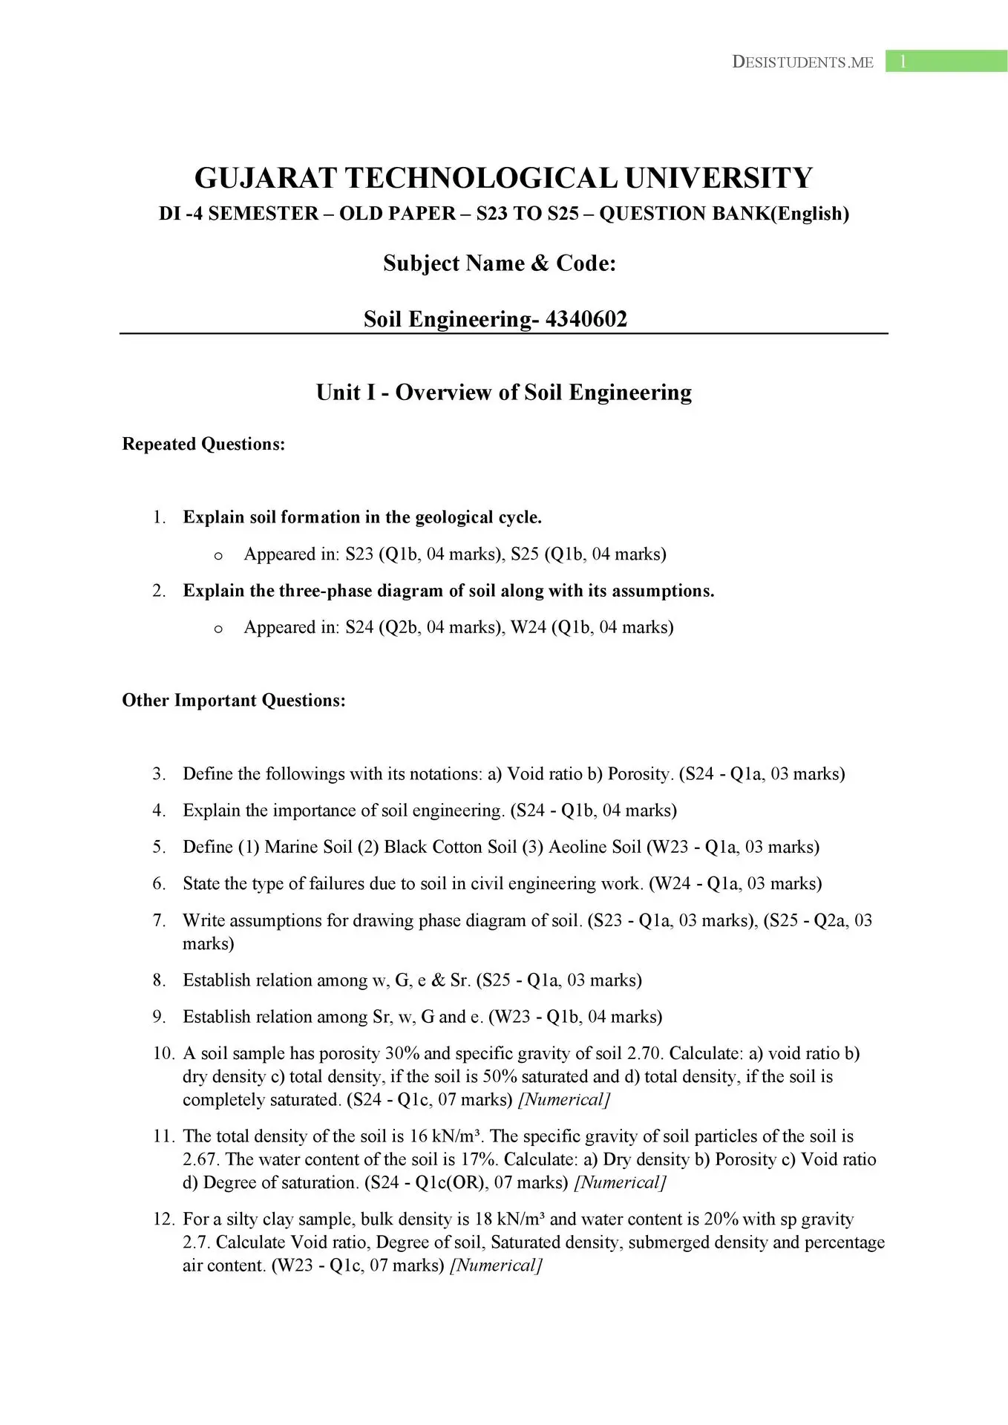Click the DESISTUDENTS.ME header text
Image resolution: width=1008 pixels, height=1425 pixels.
(802, 62)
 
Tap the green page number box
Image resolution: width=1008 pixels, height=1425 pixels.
(946, 62)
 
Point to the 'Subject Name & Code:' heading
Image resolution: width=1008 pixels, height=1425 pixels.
(500, 263)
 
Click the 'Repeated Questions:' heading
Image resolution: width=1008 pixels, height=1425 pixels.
(203, 445)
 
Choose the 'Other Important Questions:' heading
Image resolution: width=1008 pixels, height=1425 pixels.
(234, 701)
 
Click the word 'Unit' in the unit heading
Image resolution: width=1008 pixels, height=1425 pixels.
(338, 393)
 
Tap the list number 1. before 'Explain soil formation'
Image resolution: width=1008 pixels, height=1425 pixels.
(159, 517)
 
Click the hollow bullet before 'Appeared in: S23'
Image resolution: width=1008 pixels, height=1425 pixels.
(218, 556)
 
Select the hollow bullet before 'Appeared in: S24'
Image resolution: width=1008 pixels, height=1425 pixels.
(218, 629)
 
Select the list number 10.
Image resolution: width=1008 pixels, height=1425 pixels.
(163, 1054)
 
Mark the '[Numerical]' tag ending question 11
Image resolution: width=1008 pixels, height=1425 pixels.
(621, 1183)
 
